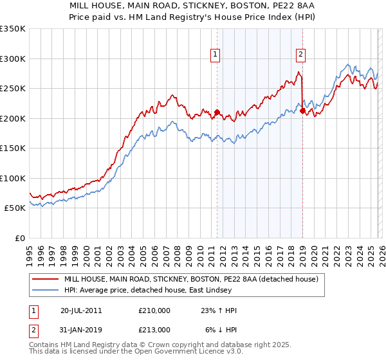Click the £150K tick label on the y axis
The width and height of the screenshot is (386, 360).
point(13,148)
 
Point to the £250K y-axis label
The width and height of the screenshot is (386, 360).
point(13,88)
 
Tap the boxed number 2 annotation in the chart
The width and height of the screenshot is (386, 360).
point(300,54)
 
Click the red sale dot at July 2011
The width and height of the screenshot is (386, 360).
point(217,113)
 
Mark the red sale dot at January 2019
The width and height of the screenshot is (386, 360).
point(302,111)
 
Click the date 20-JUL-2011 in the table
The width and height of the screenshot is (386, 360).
point(81,310)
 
